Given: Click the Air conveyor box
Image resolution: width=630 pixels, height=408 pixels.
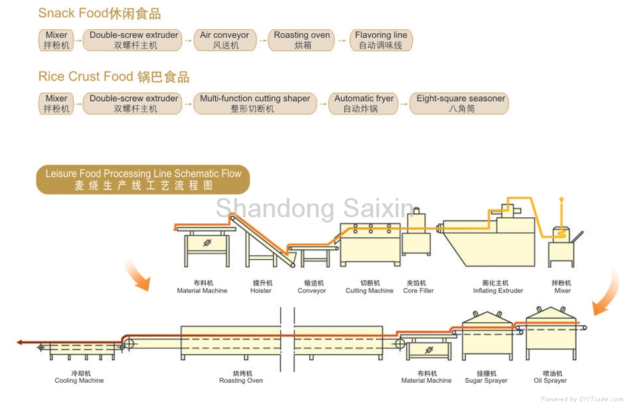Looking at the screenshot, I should (x=224, y=41).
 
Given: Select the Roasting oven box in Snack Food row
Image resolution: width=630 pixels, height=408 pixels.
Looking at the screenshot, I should (x=302, y=41).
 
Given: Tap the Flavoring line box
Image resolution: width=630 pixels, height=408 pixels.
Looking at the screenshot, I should (x=381, y=41).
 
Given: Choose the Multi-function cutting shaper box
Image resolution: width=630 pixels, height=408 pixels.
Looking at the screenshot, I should (x=255, y=104).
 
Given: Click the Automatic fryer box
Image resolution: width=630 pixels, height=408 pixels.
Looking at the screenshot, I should (x=364, y=104).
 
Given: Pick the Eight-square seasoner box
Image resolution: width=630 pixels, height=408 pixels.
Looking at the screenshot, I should (x=461, y=104).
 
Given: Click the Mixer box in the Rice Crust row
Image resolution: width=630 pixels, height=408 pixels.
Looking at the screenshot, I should (x=56, y=104).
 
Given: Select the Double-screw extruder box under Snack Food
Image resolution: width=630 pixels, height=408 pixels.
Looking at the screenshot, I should (x=133, y=41).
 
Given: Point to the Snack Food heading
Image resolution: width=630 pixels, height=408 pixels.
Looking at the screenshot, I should (x=100, y=13).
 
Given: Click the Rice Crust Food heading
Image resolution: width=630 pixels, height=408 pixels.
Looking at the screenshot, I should (x=114, y=76).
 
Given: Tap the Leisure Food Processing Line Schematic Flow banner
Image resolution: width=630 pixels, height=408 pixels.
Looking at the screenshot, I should (x=143, y=180).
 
